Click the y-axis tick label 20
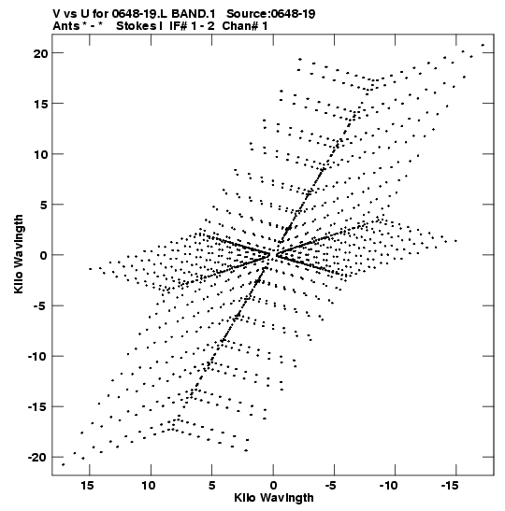tap(41, 53)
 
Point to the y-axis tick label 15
tap(41, 104)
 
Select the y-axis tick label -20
tap(38, 458)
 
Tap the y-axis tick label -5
tap(41, 306)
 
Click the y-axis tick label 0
tap(44, 256)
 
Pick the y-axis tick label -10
tap(38, 357)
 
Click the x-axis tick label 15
tap(87, 486)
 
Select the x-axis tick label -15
tap(450, 486)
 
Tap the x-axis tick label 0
tap(273, 486)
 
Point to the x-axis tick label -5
tap(330, 486)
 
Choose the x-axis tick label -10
tap(388, 486)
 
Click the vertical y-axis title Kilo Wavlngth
tap(19, 254)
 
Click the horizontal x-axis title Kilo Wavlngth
tap(274, 498)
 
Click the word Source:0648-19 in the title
tap(271, 14)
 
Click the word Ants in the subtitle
tap(65, 26)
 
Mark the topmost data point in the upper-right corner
tap(483, 45)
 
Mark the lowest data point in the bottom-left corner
tap(64, 464)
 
